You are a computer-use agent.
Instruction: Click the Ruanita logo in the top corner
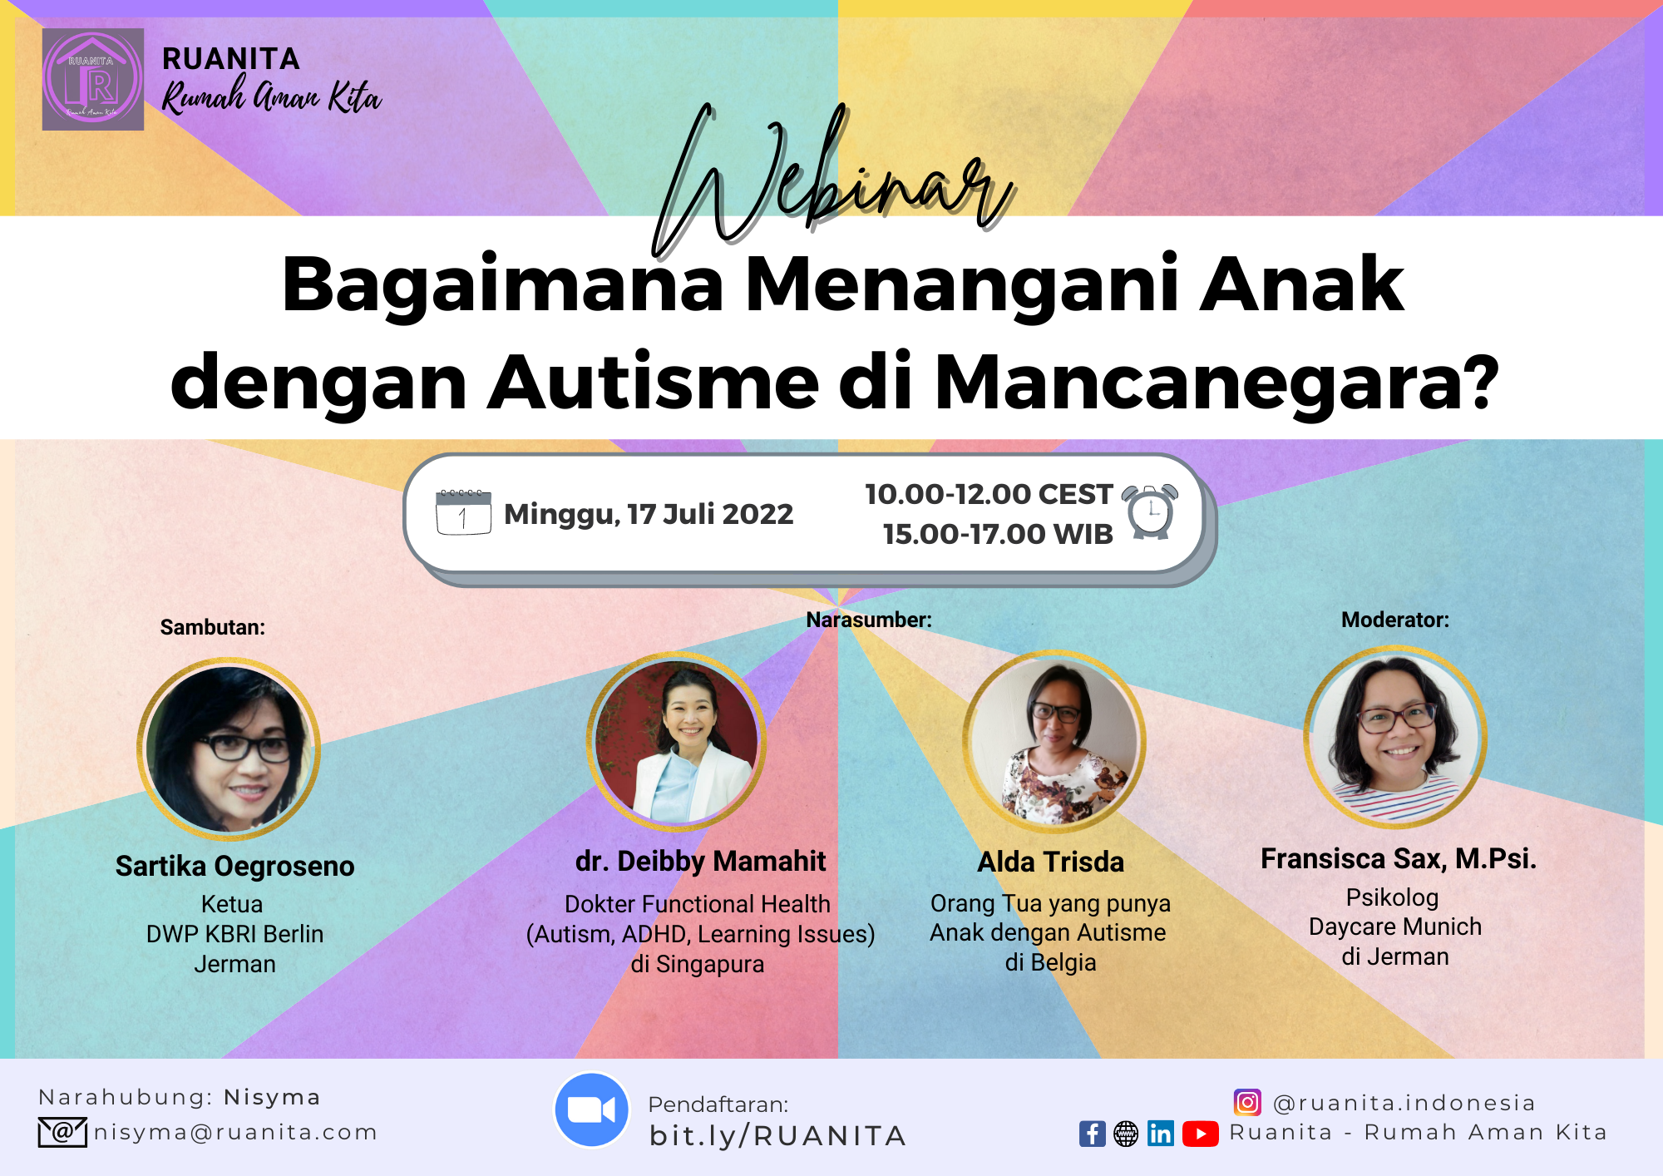click(x=93, y=80)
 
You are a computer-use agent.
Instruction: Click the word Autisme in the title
click(x=653, y=382)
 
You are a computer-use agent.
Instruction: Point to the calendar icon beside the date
click(x=463, y=512)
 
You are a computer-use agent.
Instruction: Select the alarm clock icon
click(x=1150, y=511)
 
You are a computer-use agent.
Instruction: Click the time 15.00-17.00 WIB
click(x=998, y=534)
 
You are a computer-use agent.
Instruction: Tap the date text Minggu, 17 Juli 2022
click(x=649, y=514)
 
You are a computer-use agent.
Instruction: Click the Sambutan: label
click(x=213, y=627)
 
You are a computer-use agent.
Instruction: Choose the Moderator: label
click(x=1395, y=620)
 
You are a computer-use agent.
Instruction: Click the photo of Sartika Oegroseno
click(x=229, y=749)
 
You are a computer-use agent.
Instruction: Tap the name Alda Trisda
click(x=1051, y=862)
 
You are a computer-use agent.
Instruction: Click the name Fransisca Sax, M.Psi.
click(x=1399, y=858)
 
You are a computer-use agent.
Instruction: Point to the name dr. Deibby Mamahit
click(x=700, y=861)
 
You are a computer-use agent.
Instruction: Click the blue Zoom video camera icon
click(x=591, y=1109)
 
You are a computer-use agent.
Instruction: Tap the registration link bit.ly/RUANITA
click(x=777, y=1135)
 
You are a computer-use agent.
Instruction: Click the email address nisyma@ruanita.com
click(x=235, y=1132)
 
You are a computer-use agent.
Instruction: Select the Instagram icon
click(x=1247, y=1102)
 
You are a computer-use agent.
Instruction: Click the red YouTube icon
click(x=1200, y=1134)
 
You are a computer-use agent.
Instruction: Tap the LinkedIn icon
click(x=1160, y=1134)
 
